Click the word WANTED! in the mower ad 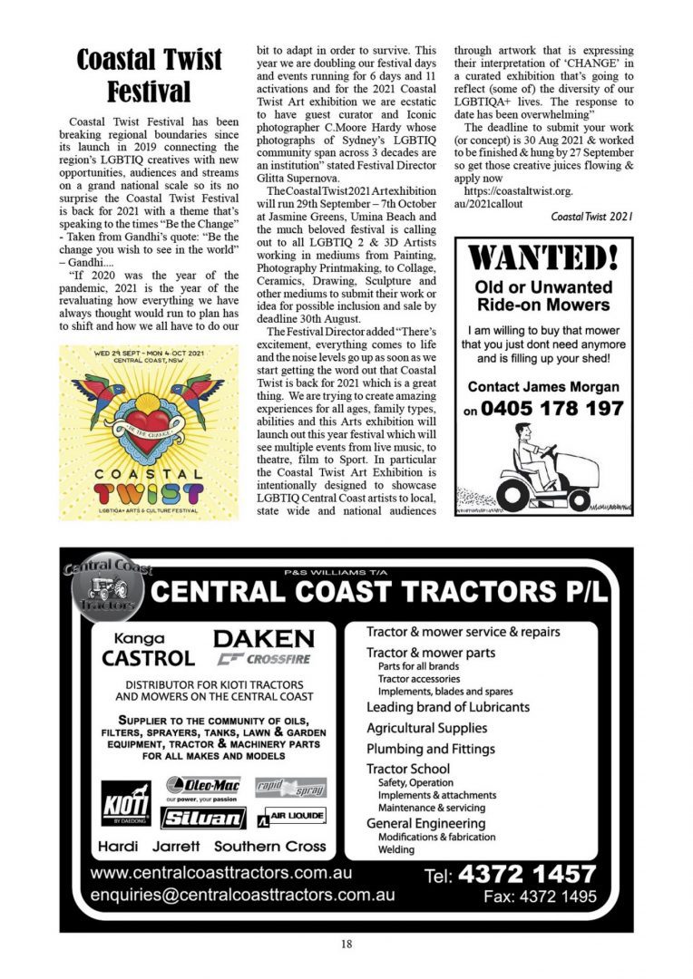tap(544, 258)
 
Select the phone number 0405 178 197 tap(554, 410)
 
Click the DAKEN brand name tap(264, 637)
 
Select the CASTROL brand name tap(148, 658)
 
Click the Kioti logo tap(125, 803)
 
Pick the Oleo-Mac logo tap(205, 785)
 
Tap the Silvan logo tap(204, 817)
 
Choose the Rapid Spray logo tap(290, 787)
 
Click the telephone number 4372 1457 tap(527, 874)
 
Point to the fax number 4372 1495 tap(541, 897)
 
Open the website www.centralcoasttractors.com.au tap(221, 874)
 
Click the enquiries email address tap(243, 895)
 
